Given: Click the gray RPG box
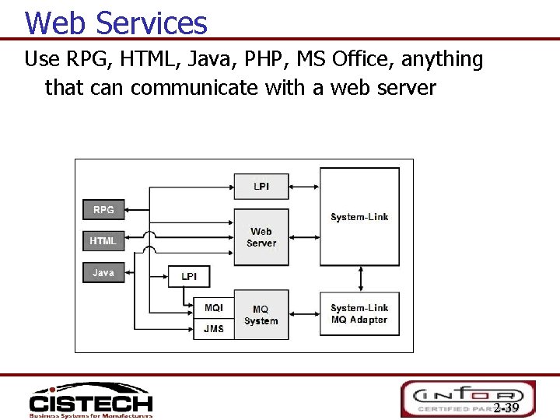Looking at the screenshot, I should (103, 210).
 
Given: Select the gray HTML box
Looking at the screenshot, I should (103, 241).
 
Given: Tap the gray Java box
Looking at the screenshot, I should (103, 273).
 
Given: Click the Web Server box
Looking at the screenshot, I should (261, 237).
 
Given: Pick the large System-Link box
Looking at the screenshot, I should (359, 216).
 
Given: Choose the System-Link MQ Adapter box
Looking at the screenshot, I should (359, 314).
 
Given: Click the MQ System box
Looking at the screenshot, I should (261, 315).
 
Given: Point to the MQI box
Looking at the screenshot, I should (214, 309).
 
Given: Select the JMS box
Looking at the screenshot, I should (214, 329).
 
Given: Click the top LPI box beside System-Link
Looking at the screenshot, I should (261, 187).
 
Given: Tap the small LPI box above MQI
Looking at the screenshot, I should (189, 277).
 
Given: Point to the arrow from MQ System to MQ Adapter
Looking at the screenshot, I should (304, 315).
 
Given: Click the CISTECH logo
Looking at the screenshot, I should (90, 401).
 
